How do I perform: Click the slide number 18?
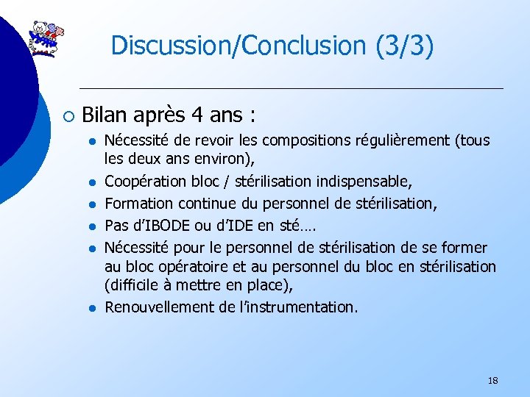pos(492,381)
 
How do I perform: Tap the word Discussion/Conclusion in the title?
pos(239,46)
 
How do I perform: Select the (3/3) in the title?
pos(404,46)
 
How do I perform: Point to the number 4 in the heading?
pos(196,115)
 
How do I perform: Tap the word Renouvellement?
pos(160,307)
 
